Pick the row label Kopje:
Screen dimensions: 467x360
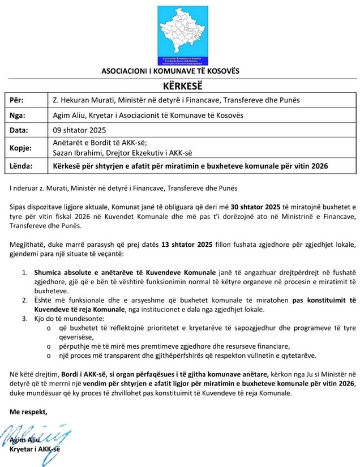pyautogui.click(x=21, y=148)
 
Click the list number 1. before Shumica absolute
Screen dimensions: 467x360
pyautogui.click(x=24, y=273)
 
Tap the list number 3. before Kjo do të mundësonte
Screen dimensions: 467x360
pyautogui.click(x=24, y=319)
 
